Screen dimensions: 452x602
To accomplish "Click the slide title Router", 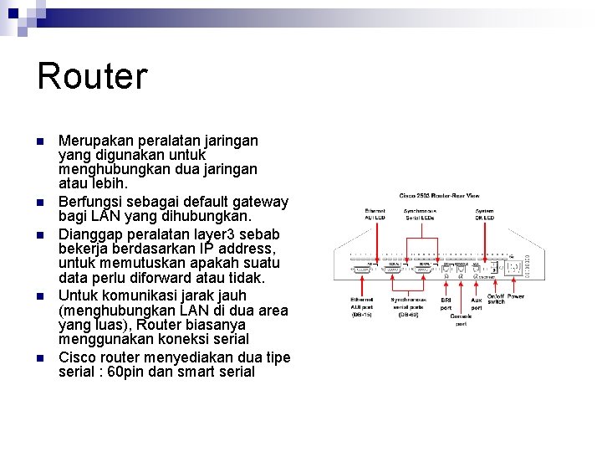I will click(92, 75).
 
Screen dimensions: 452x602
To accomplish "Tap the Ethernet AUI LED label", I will click(375, 213).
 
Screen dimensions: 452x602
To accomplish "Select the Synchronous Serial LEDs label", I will click(421, 213).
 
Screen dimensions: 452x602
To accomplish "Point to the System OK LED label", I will click(484, 213).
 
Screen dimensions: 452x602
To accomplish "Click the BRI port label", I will click(446, 304).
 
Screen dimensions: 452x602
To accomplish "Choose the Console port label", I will click(462, 320).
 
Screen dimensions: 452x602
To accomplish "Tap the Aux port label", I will click(477, 304).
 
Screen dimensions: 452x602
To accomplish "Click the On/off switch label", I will click(497, 299).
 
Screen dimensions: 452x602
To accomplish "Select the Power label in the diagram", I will click(516, 296).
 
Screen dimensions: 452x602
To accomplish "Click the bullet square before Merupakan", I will click(40, 141).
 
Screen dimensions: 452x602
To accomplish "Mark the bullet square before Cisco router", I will click(40, 358).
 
